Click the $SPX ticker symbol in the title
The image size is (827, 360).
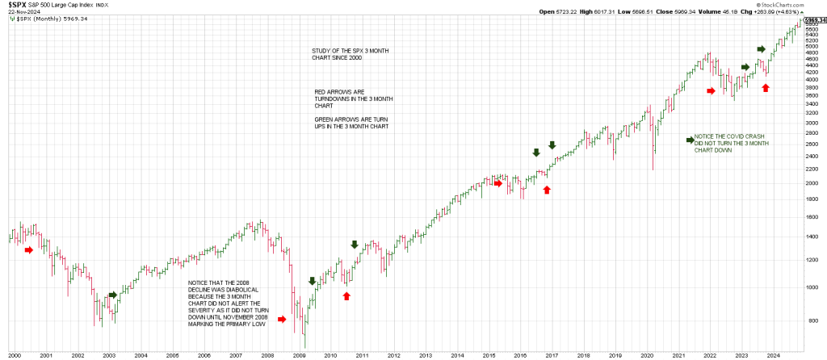click(18, 5)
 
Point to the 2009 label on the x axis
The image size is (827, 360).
click(299, 354)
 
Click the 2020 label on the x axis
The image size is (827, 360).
click(646, 354)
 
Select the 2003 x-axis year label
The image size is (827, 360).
click(109, 354)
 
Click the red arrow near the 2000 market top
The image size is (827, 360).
click(29, 250)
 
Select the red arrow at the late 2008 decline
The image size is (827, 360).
click(282, 320)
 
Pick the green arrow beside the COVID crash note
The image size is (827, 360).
click(689, 140)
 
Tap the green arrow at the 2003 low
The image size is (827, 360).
click(112, 295)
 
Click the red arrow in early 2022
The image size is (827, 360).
click(711, 91)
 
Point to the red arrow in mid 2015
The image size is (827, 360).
click(498, 183)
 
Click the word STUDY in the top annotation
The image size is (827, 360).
click(321, 51)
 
